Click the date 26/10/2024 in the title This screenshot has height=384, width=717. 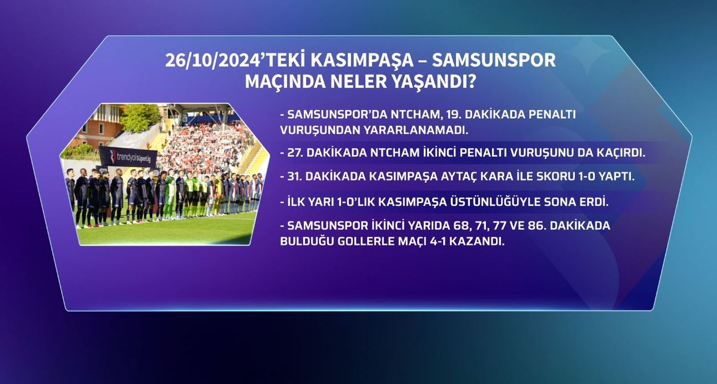(213, 60)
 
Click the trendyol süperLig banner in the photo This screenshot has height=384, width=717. (128, 157)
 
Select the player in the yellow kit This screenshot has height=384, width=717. (217, 195)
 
